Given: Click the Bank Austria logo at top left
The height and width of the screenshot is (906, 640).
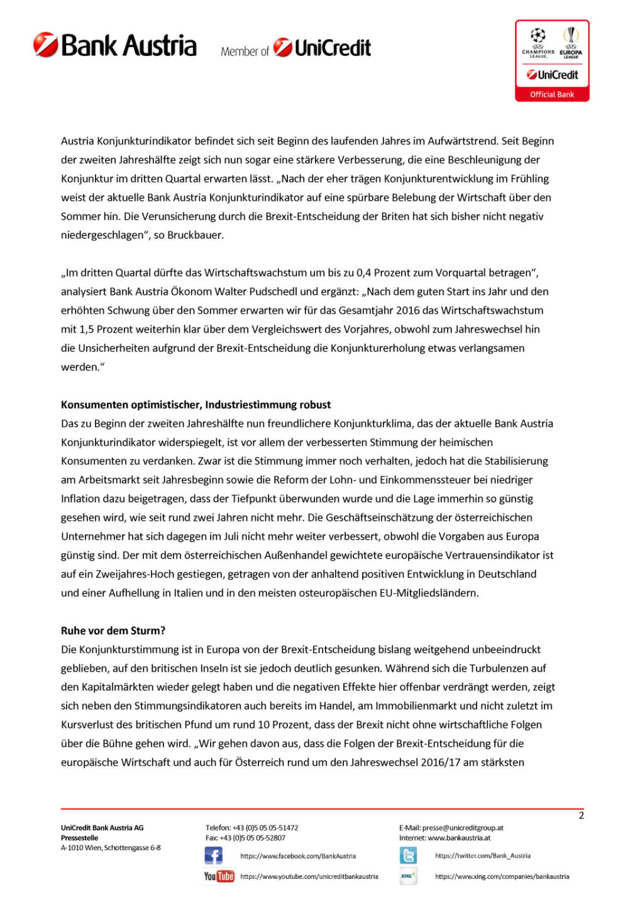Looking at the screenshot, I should point(115,46).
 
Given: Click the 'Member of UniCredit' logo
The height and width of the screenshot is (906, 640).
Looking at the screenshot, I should point(295,48).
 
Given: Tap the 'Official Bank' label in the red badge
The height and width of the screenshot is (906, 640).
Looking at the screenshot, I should point(552,94).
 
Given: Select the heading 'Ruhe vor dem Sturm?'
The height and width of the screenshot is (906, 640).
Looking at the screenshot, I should point(113,630).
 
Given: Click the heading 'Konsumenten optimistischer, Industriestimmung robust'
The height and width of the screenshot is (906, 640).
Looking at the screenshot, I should point(196,405).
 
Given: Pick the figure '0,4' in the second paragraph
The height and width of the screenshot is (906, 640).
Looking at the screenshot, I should point(364,272).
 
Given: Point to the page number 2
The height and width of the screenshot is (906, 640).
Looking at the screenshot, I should point(581,815).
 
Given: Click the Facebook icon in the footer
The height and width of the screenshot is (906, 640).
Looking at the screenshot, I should point(214,856).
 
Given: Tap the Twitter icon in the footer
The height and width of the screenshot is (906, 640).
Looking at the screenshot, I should point(408,856).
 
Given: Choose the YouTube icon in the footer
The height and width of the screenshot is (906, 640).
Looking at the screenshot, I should point(219,876).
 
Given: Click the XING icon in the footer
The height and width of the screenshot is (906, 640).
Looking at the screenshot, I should point(408,876).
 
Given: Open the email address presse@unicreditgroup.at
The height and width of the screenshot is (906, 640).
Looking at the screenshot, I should point(463,828).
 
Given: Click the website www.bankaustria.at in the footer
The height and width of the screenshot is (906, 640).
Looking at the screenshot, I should point(459,838).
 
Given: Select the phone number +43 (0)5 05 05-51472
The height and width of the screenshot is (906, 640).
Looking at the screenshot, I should point(265,828).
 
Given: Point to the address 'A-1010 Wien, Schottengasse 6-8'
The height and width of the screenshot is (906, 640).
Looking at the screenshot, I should point(111,848).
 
